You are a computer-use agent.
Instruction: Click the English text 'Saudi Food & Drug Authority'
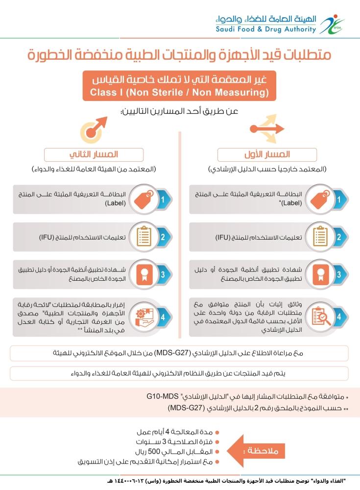point(266,29)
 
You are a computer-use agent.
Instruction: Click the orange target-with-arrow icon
point(94,128)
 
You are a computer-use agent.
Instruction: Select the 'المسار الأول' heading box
point(267,155)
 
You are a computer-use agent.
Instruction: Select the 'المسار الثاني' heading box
point(94,155)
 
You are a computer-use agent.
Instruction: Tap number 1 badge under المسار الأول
point(338,199)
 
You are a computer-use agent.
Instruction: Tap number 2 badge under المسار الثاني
point(163,237)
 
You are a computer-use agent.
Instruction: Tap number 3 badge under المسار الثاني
point(163,275)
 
